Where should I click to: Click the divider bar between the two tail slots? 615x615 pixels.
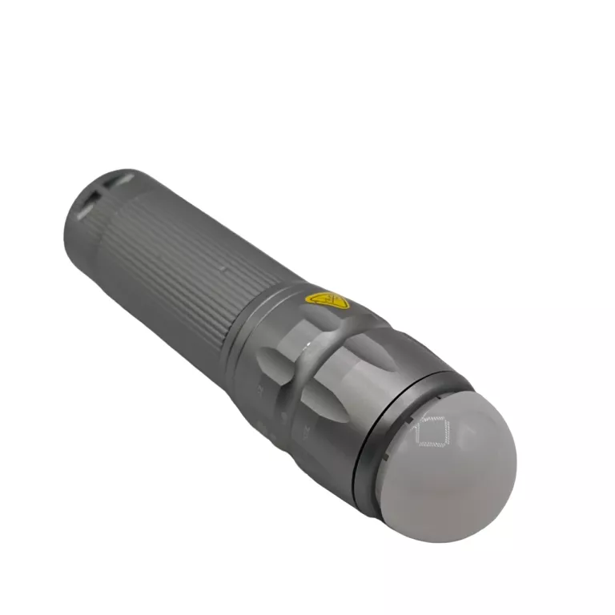point(95,195)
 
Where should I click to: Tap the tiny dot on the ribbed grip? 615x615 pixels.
point(225,270)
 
